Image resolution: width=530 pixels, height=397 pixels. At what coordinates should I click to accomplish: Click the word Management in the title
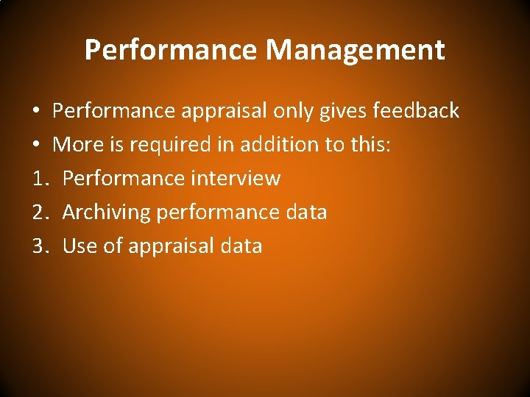tap(356, 51)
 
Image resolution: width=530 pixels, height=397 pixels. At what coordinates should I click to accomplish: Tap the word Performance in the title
tap(172, 51)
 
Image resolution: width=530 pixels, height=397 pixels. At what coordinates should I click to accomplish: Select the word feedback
tap(416, 111)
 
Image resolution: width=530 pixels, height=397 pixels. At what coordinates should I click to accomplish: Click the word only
tap(292, 111)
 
